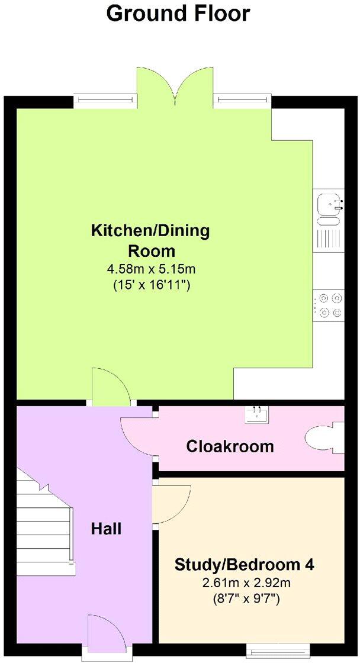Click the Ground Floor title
[178, 14]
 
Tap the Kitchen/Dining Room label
[150, 239]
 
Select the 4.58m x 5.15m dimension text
[151, 270]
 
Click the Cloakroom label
[230, 446]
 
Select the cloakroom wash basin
[258, 414]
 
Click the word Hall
[106, 528]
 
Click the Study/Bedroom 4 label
[244, 565]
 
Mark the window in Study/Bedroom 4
[277, 652]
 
